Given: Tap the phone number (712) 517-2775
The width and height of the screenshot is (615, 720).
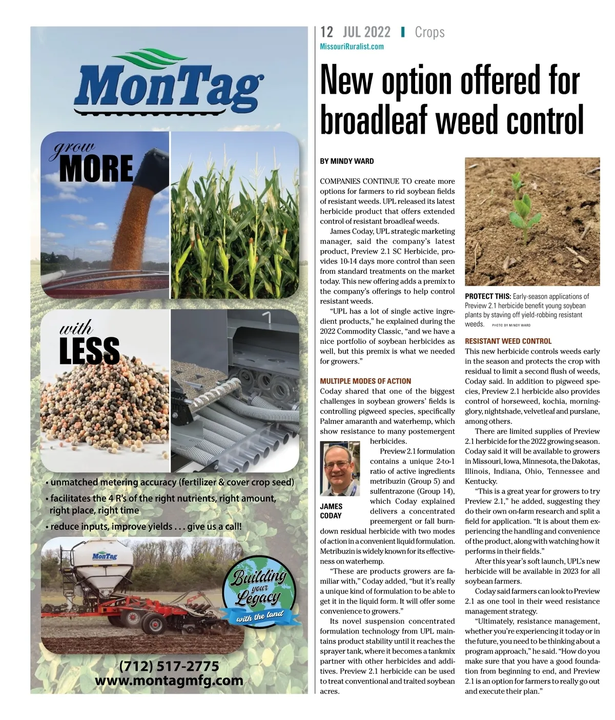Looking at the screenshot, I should [x=169, y=666].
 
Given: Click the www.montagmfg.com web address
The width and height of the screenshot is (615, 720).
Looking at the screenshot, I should [x=169, y=681].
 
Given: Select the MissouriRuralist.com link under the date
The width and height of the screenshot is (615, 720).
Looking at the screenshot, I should [x=352, y=47].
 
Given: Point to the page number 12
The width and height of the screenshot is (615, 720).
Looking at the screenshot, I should [x=326, y=32].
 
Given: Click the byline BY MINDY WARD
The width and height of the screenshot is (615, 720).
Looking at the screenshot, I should [x=347, y=161].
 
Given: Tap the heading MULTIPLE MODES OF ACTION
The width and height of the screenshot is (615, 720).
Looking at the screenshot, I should [x=365, y=381].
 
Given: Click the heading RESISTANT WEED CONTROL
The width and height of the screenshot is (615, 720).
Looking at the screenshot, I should [x=508, y=341].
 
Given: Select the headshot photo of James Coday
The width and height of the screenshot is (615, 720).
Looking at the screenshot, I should [x=340, y=469].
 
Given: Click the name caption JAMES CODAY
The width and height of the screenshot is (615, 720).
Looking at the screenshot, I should [x=331, y=511].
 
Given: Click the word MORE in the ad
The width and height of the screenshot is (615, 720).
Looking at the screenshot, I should [x=96, y=169].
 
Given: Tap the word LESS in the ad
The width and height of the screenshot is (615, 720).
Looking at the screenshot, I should [x=90, y=351].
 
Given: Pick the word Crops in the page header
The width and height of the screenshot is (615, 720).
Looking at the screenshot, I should [x=429, y=32].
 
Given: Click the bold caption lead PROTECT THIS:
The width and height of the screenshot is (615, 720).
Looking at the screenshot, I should [x=487, y=296].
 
